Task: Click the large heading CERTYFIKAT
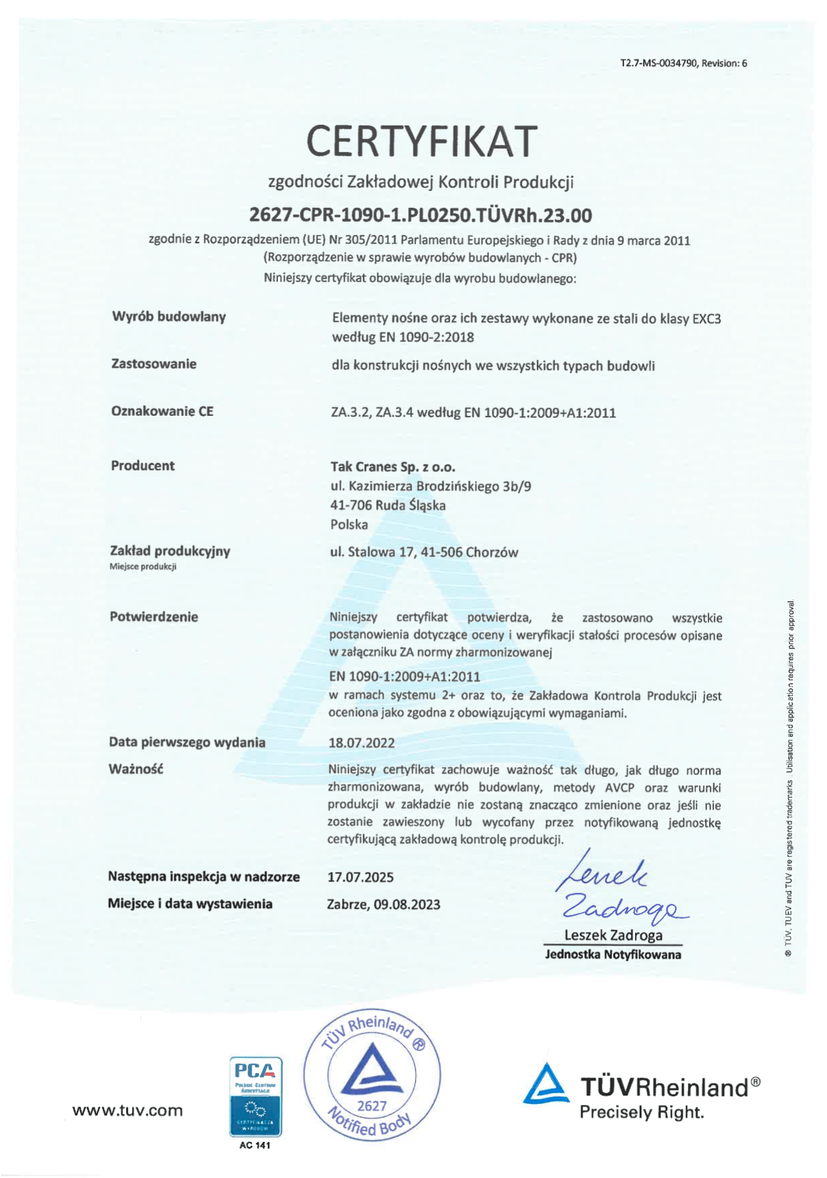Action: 421,141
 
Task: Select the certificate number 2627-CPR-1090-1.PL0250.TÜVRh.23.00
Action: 420,215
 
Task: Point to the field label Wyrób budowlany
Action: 168,317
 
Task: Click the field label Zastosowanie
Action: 153,364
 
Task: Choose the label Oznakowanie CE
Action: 162,411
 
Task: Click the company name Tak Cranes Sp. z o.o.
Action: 392,467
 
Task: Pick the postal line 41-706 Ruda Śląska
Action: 388,505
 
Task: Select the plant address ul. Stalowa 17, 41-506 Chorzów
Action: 424,552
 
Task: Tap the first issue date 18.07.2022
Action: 361,743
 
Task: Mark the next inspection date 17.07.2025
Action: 360,877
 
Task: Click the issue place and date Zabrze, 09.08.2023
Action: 384,905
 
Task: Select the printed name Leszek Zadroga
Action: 613,935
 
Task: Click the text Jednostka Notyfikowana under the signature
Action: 612,954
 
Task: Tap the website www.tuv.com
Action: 127,1111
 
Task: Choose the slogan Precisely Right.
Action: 641,1113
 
